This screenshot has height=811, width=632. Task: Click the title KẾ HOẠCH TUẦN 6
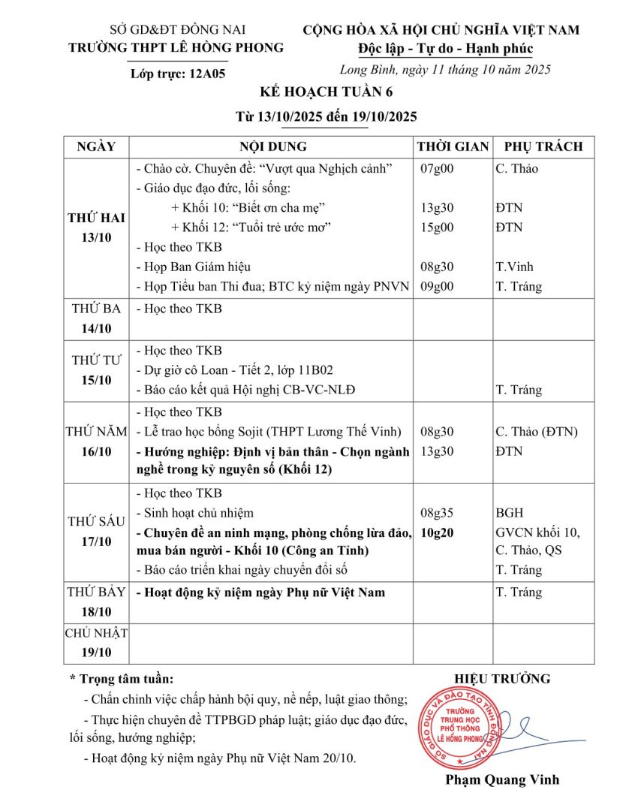coord(315,93)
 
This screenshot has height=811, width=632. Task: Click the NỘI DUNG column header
coord(273,146)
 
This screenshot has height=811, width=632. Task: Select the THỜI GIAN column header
coord(453,146)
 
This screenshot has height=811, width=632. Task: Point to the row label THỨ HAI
coord(96,218)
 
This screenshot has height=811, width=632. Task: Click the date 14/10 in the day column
coord(96,328)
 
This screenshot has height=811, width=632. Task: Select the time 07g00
coord(437,169)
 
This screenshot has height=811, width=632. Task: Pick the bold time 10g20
coord(438,532)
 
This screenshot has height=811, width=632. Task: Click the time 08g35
coord(438,513)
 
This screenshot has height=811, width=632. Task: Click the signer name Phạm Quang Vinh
coord(502,779)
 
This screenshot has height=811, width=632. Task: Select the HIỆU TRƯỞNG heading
coord(502,679)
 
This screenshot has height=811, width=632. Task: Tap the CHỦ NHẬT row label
coord(96,633)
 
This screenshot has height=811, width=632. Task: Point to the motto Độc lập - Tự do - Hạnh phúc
coord(446,49)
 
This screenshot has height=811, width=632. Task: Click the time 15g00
coord(438,227)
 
